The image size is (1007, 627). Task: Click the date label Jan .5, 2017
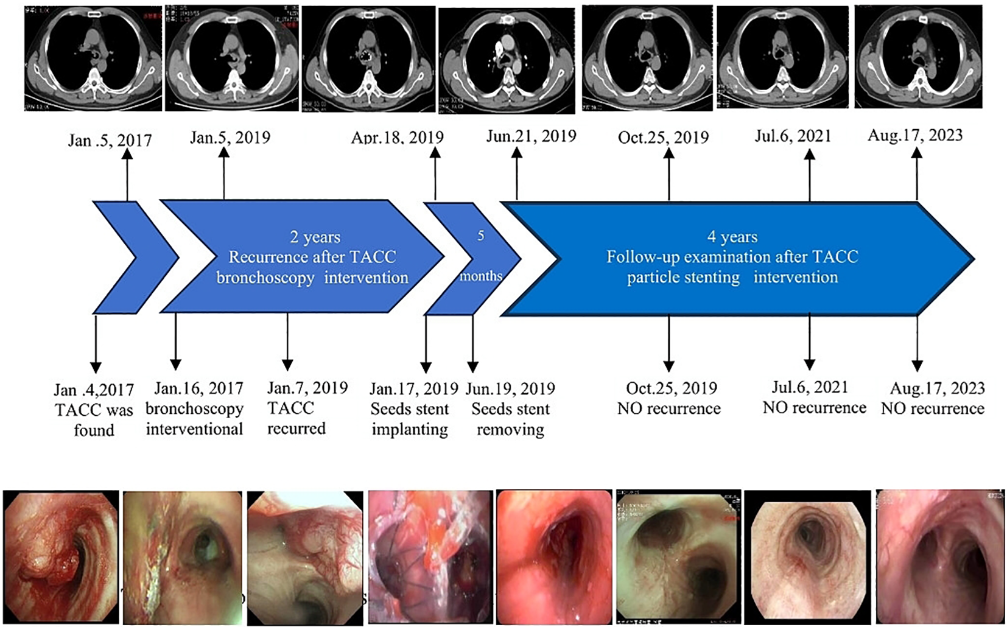tap(110, 141)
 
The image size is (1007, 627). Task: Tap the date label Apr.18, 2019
tap(397, 138)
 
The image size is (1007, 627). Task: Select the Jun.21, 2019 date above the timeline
tap(531, 136)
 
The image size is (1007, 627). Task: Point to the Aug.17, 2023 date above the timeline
tap(915, 135)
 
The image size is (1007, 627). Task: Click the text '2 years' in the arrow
tap(315, 237)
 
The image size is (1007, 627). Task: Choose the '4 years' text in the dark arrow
tap(732, 237)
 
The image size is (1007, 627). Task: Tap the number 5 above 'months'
tap(480, 236)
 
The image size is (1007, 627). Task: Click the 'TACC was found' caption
tap(94, 420)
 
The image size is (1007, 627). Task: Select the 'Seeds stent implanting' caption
tap(410, 419)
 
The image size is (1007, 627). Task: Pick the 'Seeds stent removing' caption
tap(510, 419)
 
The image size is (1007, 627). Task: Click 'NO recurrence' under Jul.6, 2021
tap(814, 407)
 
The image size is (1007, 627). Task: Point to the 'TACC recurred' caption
tap(296, 418)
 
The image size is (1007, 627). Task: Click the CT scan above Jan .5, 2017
tap(93, 59)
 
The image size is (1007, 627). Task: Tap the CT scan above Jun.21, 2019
tap(507, 61)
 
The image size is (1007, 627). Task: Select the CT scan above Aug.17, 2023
tap(918, 57)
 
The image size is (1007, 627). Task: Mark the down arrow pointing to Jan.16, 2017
tap(175, 341)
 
